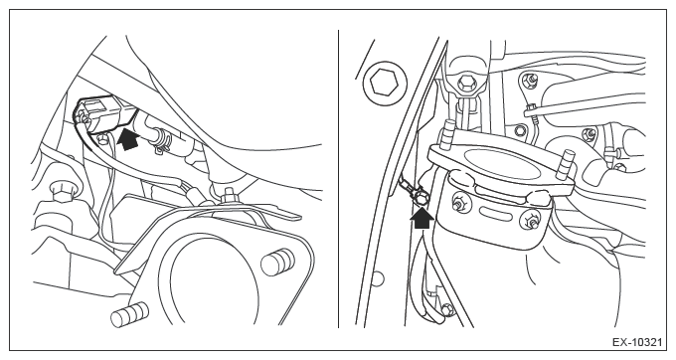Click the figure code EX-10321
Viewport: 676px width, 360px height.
click(637, 343)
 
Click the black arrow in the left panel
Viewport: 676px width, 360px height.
click(129, 138)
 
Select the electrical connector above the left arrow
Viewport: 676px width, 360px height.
click(104, 113)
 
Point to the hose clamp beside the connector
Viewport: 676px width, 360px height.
click(160, 140)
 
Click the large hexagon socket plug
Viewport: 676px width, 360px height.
click(385, 82)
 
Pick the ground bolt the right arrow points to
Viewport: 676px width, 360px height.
click(422, 199)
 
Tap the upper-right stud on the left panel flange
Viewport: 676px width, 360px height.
click(278, 261)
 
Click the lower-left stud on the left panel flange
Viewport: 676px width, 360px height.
click(129, 314)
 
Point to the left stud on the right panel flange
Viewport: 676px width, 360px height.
click(446, 134)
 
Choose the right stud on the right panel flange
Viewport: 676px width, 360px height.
click(566, 165)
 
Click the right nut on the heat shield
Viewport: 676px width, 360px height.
click(530, 221)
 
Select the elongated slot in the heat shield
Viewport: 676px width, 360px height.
click(494, 212)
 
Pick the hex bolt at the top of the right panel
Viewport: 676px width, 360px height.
click(466, 83)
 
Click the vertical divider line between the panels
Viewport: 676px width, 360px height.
click(338, 178)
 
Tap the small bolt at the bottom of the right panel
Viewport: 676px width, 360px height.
click(446, 309)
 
